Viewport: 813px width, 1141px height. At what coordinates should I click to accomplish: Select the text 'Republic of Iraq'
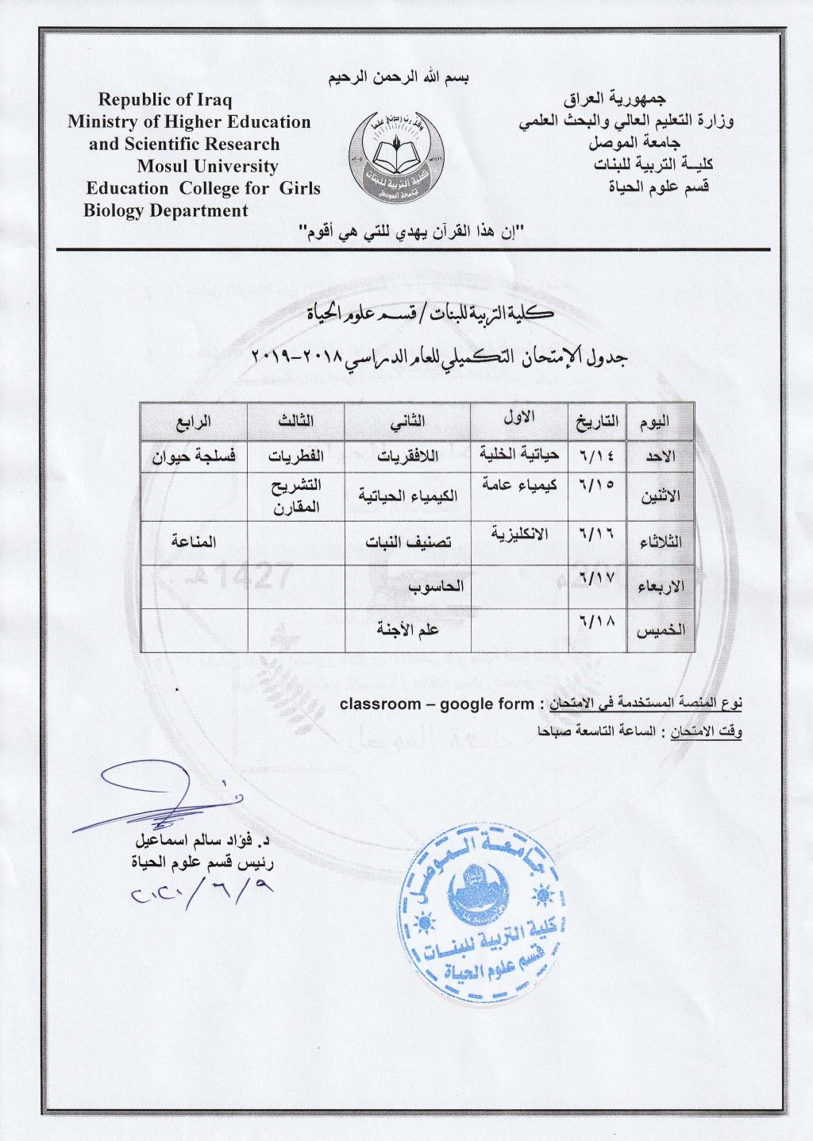click(x=164, y=100)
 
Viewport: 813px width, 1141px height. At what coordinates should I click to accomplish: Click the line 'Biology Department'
click(x=165, y=210)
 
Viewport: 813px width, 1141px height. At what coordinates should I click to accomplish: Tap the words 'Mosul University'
click(x=207, y=166)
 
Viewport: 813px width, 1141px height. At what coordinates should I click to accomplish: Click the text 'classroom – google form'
click(x=436, y=703)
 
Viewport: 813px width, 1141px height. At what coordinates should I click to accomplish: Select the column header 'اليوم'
click(x=659, y=422)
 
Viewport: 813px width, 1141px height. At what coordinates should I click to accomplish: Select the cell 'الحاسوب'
click(x=407, y=587)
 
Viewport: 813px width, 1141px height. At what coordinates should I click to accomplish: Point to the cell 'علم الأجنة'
click(x=407, y=630)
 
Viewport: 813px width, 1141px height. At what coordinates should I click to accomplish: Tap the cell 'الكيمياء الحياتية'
click(x=407, y=498)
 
